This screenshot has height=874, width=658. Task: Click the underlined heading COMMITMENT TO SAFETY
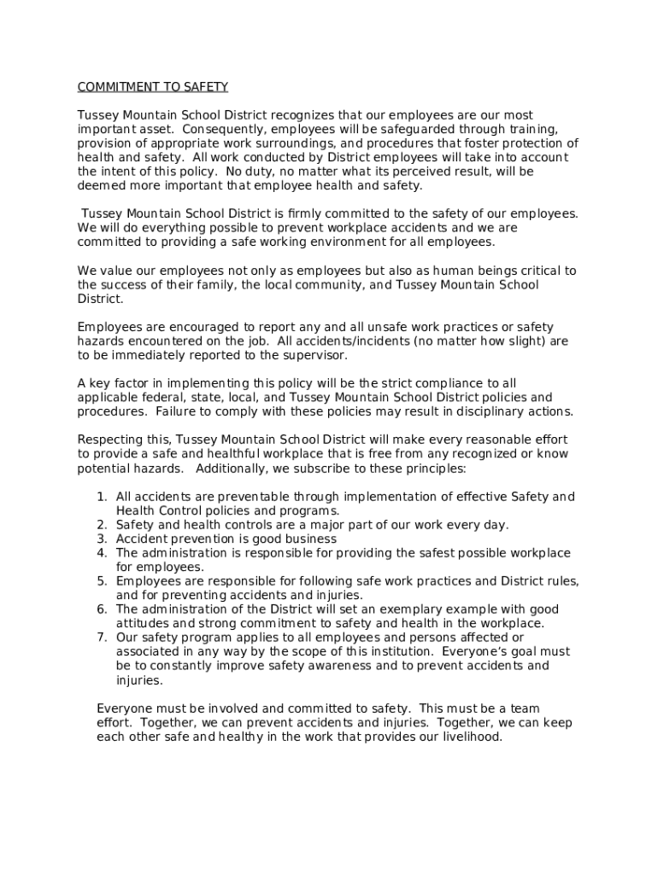click(x=153, y=87)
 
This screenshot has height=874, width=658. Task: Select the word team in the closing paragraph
click(x=521, y=708)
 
